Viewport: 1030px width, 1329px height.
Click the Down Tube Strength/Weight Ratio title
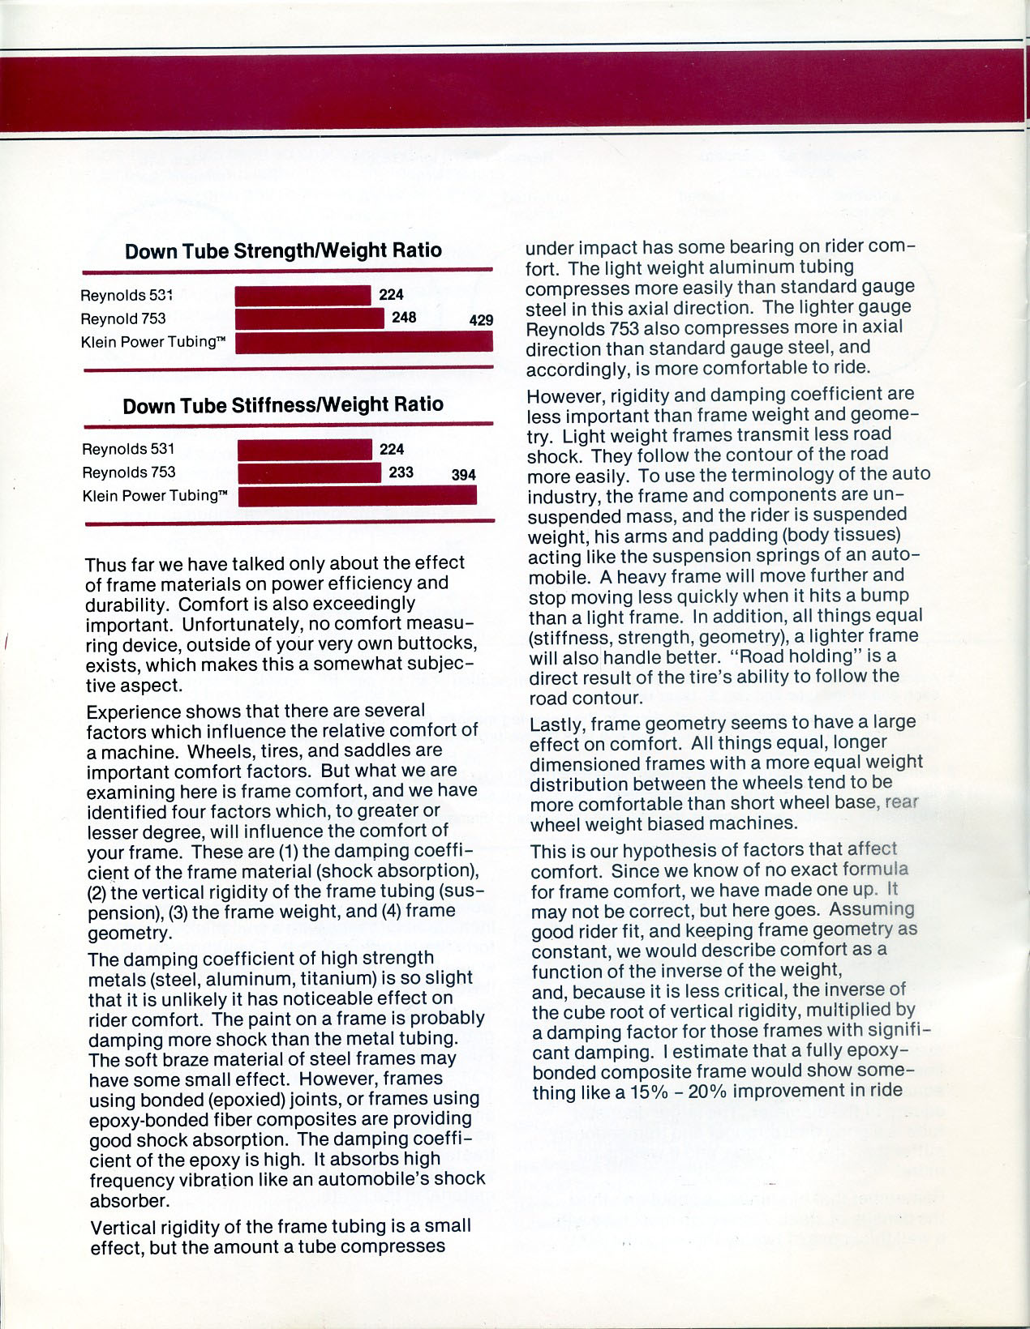click(x=283, y=250)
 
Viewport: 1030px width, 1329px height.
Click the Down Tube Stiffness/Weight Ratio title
click(x=283, y=404)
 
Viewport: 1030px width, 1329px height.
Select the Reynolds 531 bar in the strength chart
click(x=303, y=296)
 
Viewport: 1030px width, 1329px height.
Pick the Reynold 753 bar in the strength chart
click(x=309, y=318)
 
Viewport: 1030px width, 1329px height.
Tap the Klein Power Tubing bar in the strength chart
click(x=364, y=342)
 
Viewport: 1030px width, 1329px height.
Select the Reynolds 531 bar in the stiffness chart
click(x=305, y=450)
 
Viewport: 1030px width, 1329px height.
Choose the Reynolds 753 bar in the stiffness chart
click(x=310, y=472)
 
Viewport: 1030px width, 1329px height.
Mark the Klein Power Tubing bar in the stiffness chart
click(x=358, y=495)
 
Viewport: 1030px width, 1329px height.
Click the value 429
click(x=481, y=320)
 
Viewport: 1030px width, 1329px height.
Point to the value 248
click(x=404, y=318)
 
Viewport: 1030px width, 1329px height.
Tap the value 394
click(x=463, y=475)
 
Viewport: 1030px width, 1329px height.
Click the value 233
click(x=401, y=472)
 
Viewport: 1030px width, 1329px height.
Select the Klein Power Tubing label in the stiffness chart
click(x=155, y=495)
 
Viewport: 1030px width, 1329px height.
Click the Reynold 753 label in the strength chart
click(x=122, y=318)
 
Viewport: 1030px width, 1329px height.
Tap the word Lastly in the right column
click(x=556, y=722)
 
